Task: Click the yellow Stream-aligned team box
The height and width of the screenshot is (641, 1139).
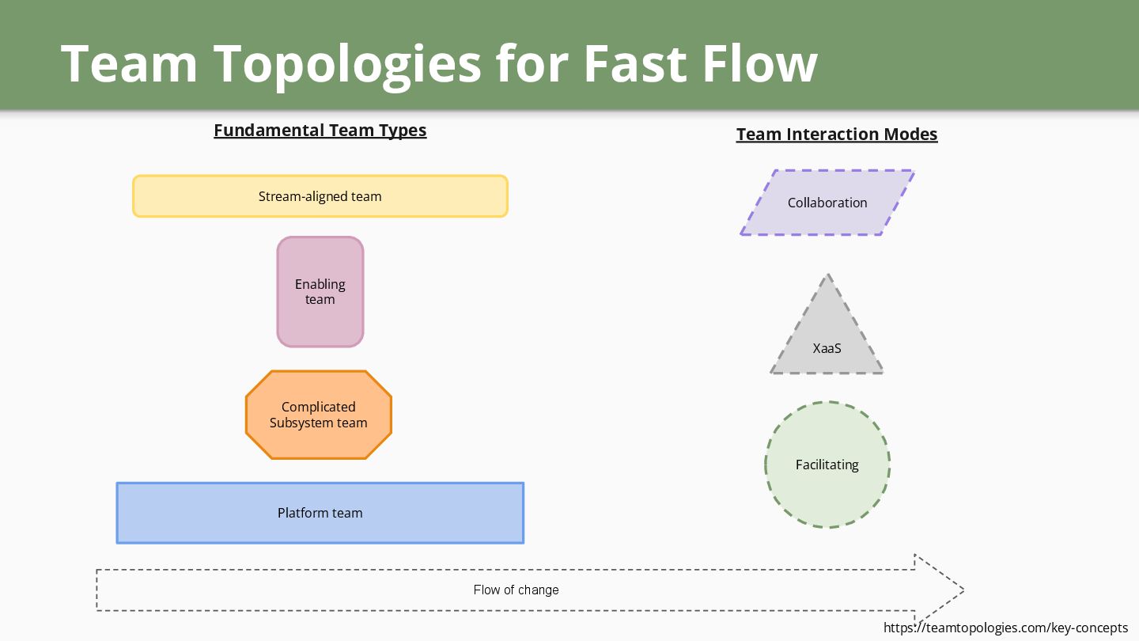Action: coord(320,196)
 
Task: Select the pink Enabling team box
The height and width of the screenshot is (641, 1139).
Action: coord(320,291)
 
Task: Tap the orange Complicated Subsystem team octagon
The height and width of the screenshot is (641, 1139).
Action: coord(319,415)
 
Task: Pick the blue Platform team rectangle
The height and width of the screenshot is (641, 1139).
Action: coord(320,513)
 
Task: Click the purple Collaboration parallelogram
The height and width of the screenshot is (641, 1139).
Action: coord(827,203)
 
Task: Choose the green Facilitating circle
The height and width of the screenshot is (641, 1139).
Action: coord(827,465)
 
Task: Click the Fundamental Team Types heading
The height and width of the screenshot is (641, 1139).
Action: coord(320,131)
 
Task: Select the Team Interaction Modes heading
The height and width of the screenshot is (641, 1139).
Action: coord(837,135)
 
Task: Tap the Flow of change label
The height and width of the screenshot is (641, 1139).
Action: coord(516,590)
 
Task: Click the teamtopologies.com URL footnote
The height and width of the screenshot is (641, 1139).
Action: coord(1005,628)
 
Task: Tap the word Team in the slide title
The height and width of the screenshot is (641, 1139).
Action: coord(129,63)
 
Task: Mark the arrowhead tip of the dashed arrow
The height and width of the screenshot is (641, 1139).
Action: coord(963,590)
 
